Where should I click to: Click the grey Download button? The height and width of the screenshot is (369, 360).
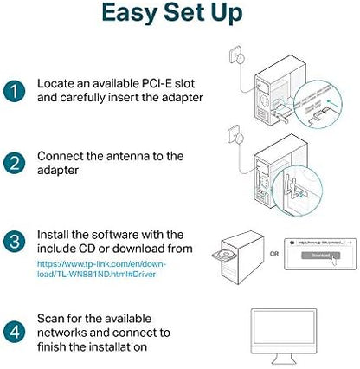pyautogui.click(x=312, y=256)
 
